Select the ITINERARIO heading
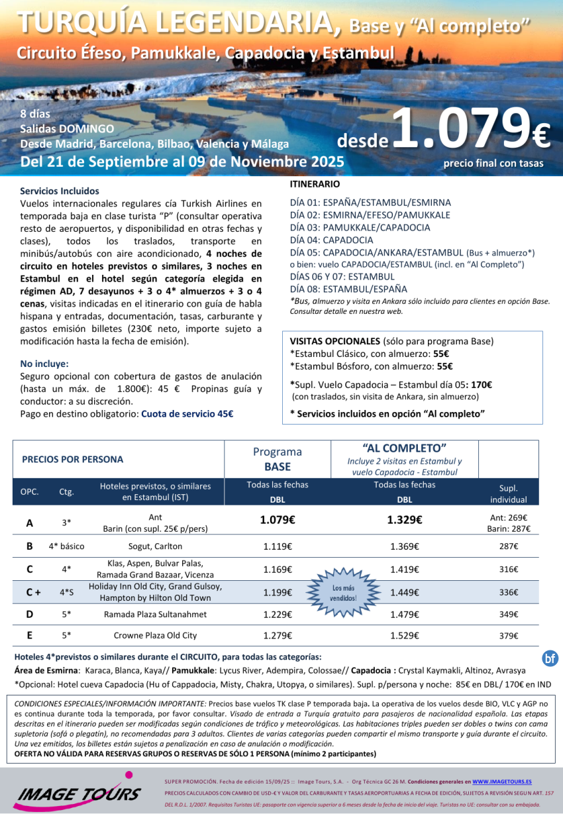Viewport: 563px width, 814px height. coord(315,183)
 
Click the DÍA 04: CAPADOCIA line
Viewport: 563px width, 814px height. coord(331,240)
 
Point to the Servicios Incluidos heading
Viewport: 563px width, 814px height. coord(60,191)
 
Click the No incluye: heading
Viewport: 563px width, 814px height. coord(44,364)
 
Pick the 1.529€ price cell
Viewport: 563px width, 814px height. coord(404,636)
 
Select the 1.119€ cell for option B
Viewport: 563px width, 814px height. coord(278,546)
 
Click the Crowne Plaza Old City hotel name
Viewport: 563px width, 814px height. coord(155,636)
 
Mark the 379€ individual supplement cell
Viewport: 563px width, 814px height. coord(509,636)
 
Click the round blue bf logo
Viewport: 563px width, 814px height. coord(550,658)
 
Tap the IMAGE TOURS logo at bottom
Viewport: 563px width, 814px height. coord(79,791)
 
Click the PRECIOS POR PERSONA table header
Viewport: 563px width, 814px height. coord(73,459)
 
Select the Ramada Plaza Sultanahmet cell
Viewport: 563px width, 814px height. coord(155,615)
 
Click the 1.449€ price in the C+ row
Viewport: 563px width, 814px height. coord(404,593)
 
